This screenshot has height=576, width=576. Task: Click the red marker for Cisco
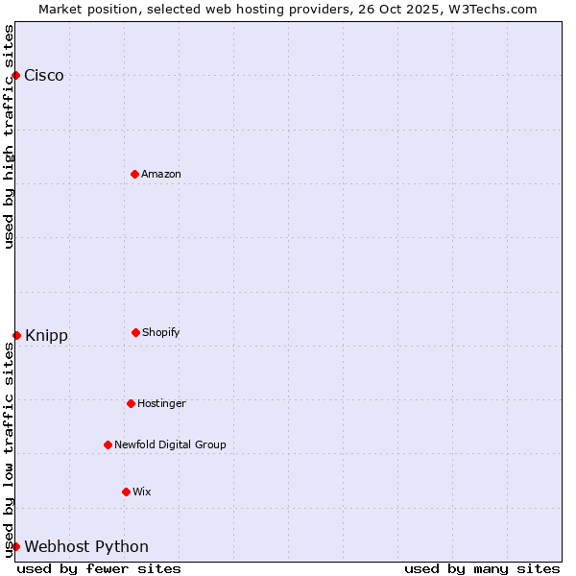[x=15, y=75]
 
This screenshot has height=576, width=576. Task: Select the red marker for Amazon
[x=134, y=174]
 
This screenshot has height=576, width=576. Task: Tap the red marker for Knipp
[x=16, y=335]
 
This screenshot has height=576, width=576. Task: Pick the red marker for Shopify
[x=135, y=332]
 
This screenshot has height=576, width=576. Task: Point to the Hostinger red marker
[x=131, y=403]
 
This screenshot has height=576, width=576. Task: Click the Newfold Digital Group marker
[x=108, y=444]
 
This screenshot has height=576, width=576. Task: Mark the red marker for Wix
[x=126, y=492]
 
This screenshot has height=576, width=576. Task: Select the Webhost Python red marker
[x=15, y=546]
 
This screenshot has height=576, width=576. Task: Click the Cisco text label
[x=44, y=76]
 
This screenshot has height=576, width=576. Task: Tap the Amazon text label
[x=161, y=174]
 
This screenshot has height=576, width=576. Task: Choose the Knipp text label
[x=46, y=336]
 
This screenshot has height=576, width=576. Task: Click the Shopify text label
[x=161, y=332]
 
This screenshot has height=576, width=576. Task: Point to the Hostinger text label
[x=161, y=403]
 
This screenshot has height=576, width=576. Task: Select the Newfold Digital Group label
[x=170, y=444]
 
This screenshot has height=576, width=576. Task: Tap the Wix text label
[x=142, y=492]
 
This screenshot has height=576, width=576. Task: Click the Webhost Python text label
[x=86, y=547]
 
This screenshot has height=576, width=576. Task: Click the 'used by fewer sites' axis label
[x=99, y=568]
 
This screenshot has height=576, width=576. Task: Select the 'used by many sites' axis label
[x=482, y=568]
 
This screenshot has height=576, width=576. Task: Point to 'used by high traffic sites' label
[x=9, y=136]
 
